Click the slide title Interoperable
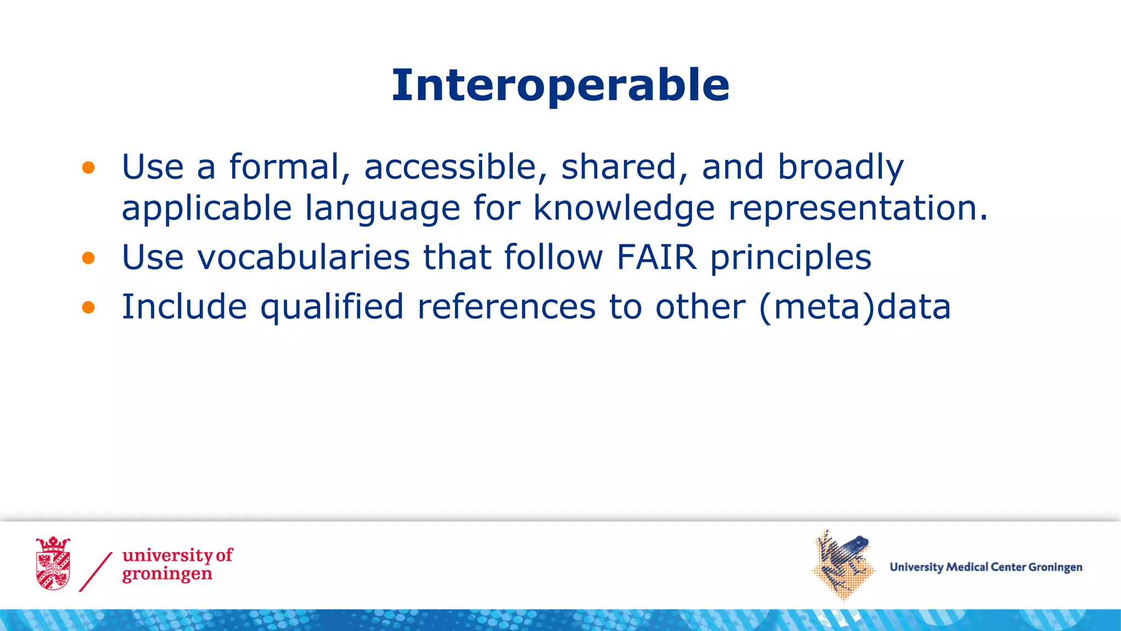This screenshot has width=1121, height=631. tap(560, 86)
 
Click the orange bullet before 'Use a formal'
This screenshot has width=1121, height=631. tap(89, 168)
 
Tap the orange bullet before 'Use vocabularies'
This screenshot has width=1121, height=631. tap(89, 257)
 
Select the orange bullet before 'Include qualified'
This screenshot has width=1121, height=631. tap(89, 307)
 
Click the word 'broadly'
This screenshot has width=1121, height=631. tap(841, 167)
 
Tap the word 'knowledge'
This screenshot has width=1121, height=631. tap(624, 208)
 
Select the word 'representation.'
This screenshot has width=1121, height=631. tap(858, 208)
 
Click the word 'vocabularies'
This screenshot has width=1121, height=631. tap(304, 257)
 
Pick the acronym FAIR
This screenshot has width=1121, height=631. tap(657, 257)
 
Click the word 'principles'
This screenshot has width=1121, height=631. tap(790, 257)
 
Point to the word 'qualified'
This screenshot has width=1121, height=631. tap(332, 307)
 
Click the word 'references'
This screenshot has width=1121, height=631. tap(506, 307)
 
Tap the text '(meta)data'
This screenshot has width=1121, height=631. tap(855, 307)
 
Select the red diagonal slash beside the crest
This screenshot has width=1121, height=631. tap(96, 572)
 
